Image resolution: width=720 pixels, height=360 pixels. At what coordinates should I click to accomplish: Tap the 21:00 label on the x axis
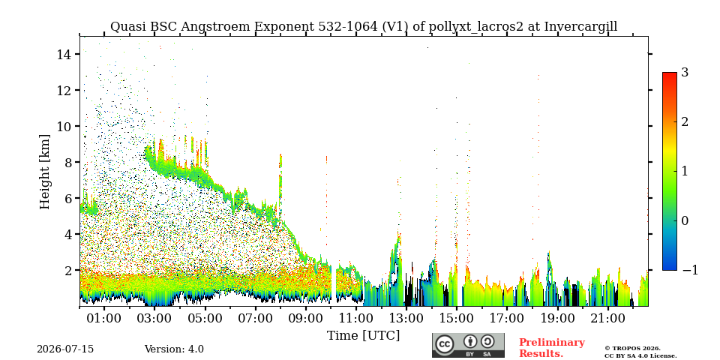tap(607, 318)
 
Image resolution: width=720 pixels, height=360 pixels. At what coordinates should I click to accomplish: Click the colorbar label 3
tap(685, 73)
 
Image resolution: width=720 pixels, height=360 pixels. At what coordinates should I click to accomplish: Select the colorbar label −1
tap(690, 270)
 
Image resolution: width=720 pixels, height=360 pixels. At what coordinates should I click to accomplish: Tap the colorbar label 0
tap(685, 220)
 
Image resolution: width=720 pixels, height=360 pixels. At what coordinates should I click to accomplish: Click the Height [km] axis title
tap(44, 172)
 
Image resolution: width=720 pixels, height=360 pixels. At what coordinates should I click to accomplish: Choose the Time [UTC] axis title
tap(363, 336)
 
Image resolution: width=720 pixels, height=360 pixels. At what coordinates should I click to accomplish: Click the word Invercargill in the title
tap(580, 27)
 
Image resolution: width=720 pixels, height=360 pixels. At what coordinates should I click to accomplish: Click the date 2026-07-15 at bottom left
tap(65, 349)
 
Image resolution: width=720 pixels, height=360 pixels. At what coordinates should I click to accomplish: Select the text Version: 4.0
tap(174, 349)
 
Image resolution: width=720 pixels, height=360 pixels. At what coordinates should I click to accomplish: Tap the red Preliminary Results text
tap(552, 348)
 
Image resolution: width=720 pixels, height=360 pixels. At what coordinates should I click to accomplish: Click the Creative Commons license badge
tap(468, 345)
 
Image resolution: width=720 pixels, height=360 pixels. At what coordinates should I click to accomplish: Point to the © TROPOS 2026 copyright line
tap(632, 349)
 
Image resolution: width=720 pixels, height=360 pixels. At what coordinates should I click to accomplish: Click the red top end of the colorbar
tap(670, 74)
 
